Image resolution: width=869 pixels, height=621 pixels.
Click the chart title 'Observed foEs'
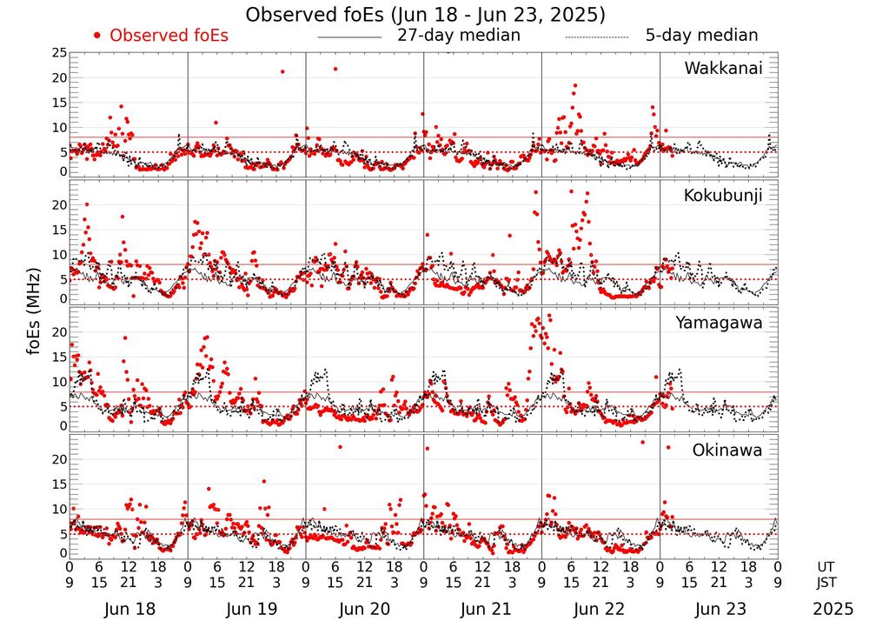(425, 15)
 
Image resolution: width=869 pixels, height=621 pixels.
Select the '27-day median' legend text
(458, 36)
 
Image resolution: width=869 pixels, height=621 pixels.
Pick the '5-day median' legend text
(701, 36)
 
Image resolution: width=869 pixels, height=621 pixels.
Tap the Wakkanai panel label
(723, 68)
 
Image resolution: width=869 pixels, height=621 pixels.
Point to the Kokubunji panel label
(723, 196)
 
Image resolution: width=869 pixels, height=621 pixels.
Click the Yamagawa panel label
(719, 323)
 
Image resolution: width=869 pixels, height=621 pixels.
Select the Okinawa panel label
(726, 451)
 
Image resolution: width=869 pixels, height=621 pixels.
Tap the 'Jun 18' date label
(129, 609)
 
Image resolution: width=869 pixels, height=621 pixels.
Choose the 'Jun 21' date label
(483, 609)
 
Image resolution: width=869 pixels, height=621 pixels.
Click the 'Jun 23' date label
(719, 609)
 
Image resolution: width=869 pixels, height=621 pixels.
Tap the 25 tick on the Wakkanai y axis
(58, 53)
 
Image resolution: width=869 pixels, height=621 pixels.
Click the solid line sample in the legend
(349, 37)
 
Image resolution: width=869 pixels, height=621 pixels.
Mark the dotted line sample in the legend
(596, 37)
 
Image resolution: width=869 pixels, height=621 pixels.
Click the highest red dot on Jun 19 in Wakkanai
(282, 71)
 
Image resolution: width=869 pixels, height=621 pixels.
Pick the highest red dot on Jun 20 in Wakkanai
(335, 69)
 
